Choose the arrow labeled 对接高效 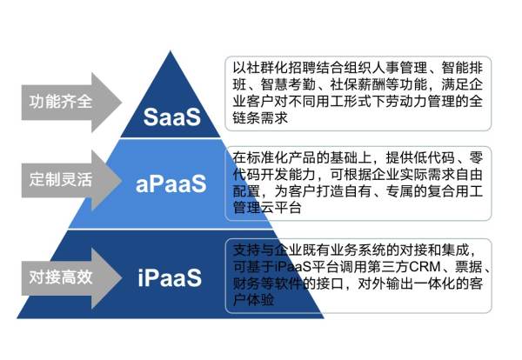[61, 278]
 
